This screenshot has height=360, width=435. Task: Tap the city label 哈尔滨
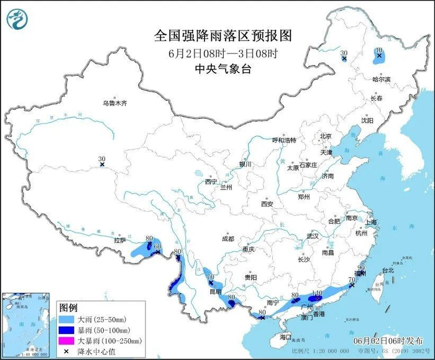382,80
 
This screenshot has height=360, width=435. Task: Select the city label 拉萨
120,240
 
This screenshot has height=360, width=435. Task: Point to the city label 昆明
215,291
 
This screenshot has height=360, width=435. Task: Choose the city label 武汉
312,236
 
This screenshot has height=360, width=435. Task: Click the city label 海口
285,336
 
